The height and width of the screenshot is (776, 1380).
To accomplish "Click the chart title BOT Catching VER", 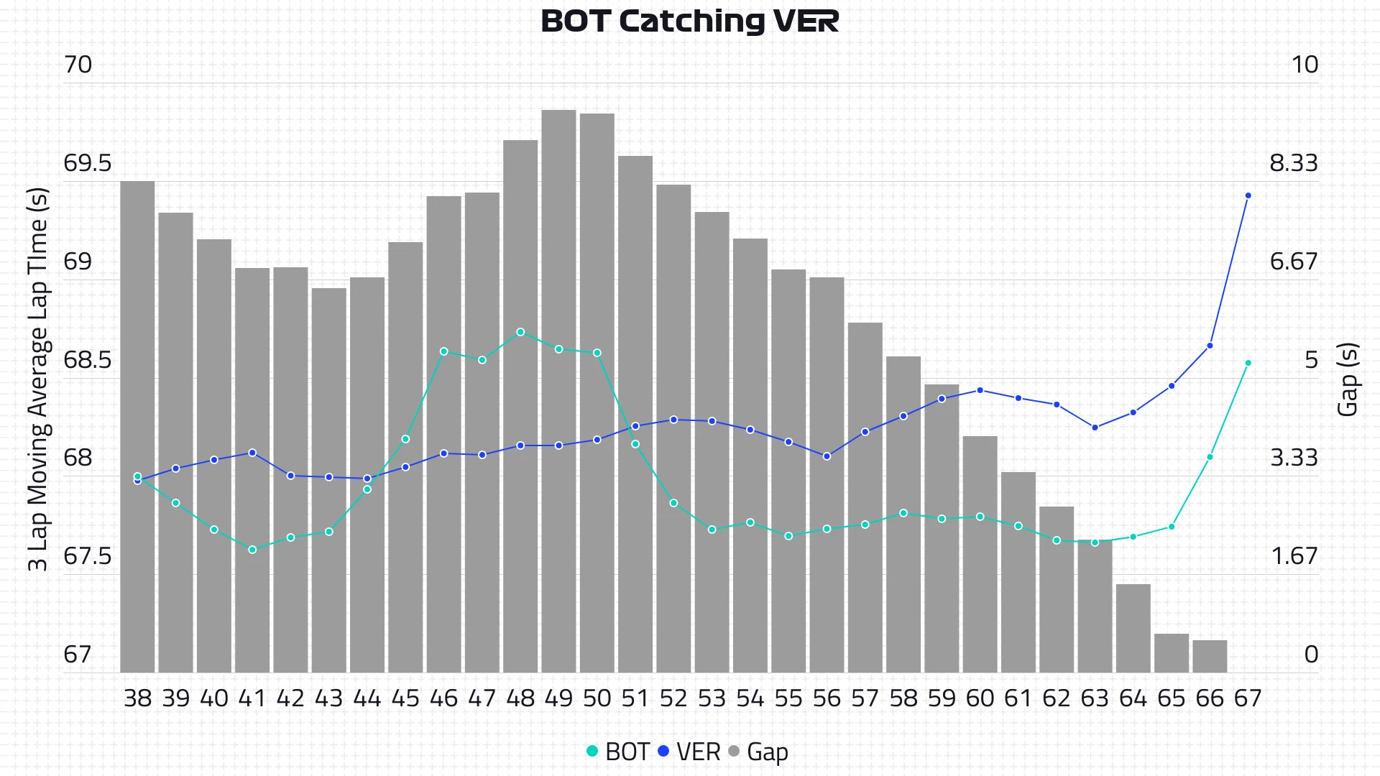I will (x=689, y=22).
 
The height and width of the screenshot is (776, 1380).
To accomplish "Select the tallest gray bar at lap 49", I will (x=558, y=392).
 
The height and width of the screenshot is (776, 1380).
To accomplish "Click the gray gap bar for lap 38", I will (x=137, y=427).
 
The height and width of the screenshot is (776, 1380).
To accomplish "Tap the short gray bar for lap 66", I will (x=1210, y=656).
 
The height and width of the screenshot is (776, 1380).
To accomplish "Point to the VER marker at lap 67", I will (x=1248, y=195).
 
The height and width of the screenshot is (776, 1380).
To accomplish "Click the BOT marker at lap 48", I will (x=520, y=332).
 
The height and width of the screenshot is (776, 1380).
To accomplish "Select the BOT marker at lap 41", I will (x=252, y=550).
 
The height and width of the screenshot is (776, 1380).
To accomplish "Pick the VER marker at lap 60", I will (x=980, y=390).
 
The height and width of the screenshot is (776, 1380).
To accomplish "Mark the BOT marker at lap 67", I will (x=1248, y=363).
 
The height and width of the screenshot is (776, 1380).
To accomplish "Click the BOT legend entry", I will (x=619, y=752).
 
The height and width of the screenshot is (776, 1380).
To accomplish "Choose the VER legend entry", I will (x=689, y=752).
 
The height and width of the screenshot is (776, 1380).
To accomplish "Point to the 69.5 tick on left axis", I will (x=88, y=163).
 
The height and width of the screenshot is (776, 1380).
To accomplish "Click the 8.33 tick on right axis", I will (x=1293, y=163).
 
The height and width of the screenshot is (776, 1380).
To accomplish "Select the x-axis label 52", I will (x=673, y=698).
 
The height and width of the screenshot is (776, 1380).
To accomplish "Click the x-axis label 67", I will (x=1248, y=698).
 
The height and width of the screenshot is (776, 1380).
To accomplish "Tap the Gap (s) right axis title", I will (x=1348, y=379).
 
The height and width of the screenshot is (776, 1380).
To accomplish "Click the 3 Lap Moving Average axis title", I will (x=37, y=379).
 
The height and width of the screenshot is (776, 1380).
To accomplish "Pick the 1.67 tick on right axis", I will (x=1294, y=556).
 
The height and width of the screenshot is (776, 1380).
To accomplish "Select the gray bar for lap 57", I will (x=865, y=497).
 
